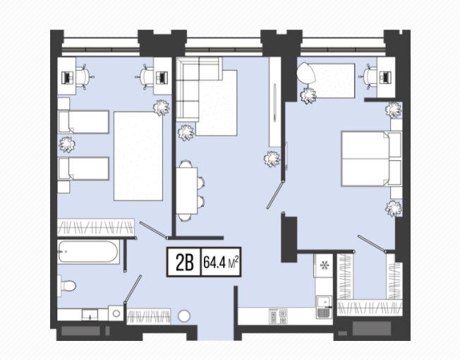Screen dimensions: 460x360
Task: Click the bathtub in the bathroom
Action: [x=88, y=252]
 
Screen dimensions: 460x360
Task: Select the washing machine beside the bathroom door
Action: [x=116, y=313]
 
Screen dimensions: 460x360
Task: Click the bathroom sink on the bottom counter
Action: [x=90, y=315]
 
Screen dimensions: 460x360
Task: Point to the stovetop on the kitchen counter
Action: [x=278, y=316]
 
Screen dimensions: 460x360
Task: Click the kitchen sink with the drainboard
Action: [x=324, y=307]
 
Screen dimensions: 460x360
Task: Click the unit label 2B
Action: [x=185, y=263]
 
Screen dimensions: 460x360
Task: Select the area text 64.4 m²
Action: [x=221, y=262]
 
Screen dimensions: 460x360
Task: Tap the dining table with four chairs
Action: [x=186, y=191]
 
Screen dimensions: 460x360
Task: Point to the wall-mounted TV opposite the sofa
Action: [x=274, y=102]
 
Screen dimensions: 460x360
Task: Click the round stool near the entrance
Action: [x=184, y=316]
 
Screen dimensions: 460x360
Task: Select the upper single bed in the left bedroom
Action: [x=83, y=121]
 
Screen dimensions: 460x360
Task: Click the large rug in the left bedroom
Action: [x=138, y=156]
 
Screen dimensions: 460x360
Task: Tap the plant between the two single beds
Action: [x=67, y=145]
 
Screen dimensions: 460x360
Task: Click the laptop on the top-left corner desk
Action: [x=68, y=78]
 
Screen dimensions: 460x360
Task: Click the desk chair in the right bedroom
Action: [x=368, y=76]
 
